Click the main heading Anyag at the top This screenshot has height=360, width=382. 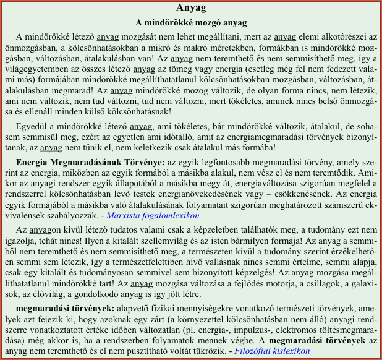pos(191,8)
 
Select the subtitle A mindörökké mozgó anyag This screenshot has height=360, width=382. pos(191,23)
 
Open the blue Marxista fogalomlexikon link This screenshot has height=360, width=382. pos(153,215)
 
